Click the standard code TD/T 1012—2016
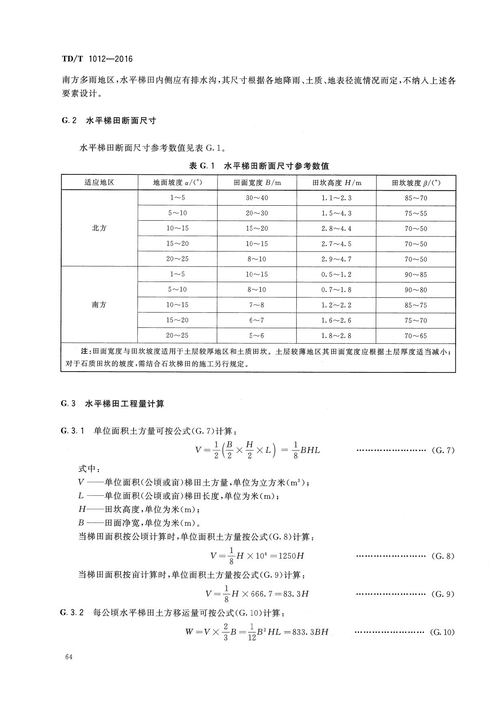[x=97, y=59]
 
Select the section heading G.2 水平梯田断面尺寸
[x=109, y=121]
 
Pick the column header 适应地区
[x=99, y=183]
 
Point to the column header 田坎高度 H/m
[x=336, y=183]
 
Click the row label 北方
[x=99, y=228]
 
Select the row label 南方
[x=99, y=305]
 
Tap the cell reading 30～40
[x=257, y=198]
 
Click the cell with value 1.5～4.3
[x=336, y=213]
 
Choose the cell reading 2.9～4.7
[x=336, y=259]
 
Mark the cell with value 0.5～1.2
[x=336, y=275]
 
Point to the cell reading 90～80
[x=416, y=290]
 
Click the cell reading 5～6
[x=257, y=336]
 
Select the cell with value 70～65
[x=416, y=336]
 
